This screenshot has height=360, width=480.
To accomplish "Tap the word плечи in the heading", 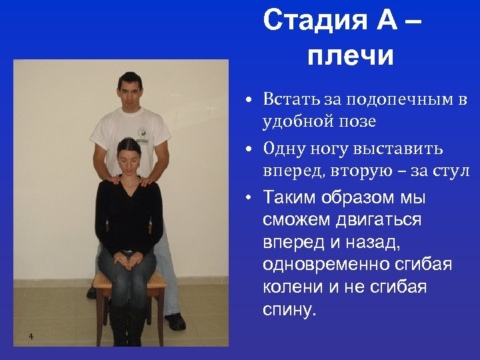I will click(351, 56).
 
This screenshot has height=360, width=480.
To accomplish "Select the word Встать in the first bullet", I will click(293, 99).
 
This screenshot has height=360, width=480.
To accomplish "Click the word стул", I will click(454, 171).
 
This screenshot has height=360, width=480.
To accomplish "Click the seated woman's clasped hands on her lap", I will click(127, 257).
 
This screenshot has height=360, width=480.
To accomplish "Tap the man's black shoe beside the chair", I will click(176, 322).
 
